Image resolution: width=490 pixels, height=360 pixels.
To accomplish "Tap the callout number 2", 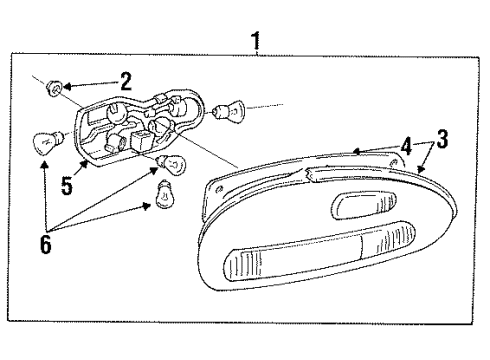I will (x=126, y=81).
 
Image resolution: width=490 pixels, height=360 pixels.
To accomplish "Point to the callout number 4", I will (x=406, y=145).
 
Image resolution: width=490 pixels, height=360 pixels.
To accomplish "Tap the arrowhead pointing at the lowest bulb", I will (x=152, y=205).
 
